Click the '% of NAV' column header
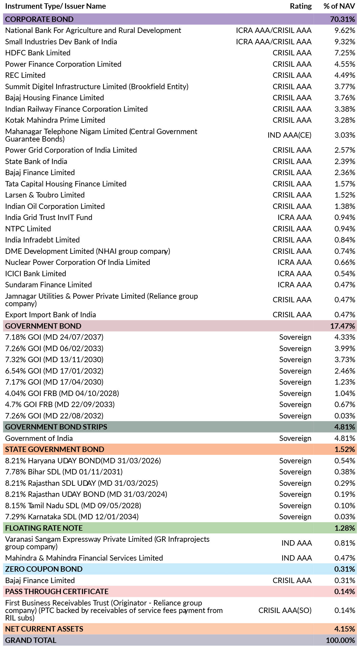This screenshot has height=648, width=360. tap(339, 6)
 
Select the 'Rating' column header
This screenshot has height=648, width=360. tap(301, 6)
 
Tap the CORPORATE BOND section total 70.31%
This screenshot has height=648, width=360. tap(343, 19)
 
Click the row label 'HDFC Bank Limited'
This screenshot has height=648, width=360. tap(38, 53)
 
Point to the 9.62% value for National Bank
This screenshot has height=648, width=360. tap(345, 30)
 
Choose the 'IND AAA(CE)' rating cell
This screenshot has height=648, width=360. tap(289, 135)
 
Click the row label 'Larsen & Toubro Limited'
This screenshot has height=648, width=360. tap(45, 195)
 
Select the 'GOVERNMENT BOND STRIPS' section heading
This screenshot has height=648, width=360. tap(56, 427)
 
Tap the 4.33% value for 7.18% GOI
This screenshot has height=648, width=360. tap(345, 337)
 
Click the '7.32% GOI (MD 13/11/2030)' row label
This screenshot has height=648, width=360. tap(54, 359)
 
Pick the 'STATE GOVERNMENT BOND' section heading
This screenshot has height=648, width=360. tap(55, 449)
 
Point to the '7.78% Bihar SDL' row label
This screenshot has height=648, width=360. tap(64, 472)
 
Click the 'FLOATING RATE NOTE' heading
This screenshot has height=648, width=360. tap(44, 528)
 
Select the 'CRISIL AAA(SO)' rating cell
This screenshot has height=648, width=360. tap(285, 610)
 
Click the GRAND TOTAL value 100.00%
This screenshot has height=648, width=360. tap(341, 640)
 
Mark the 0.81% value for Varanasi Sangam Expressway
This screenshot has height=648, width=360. tap(345, 543)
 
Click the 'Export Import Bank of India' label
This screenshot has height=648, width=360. tap(51, 315)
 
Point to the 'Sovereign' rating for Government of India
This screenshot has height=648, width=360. tap(295, 438)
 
